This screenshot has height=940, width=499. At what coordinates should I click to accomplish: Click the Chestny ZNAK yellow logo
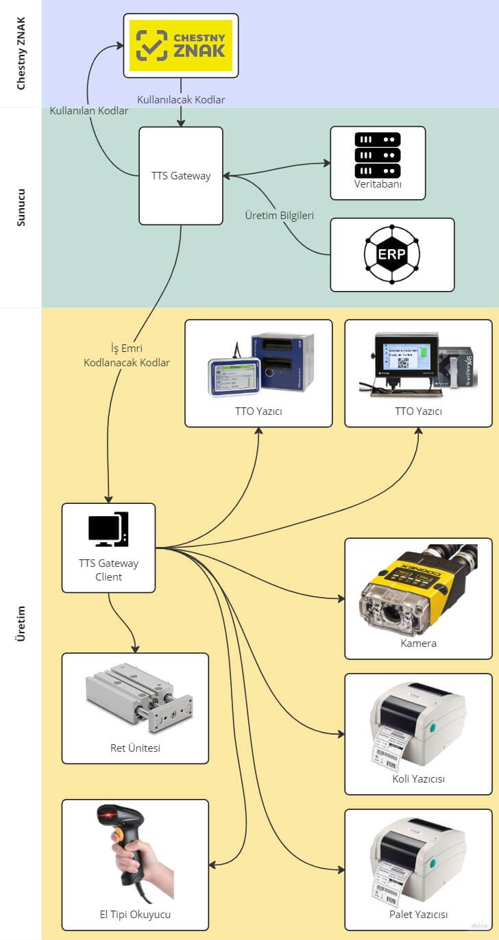(x=181, y=45)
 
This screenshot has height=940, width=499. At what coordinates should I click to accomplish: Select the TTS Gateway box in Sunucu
(x=181, y=176)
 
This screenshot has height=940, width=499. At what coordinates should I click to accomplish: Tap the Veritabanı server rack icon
(x=378, y=155)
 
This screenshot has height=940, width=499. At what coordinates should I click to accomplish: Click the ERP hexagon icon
(x=392, y=255)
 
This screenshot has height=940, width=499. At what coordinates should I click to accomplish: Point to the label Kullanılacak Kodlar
(x=181, y=100)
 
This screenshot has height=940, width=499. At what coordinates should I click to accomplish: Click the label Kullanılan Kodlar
(x=89, y=111)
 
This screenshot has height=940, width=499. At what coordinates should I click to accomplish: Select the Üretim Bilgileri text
(x=280, y=216)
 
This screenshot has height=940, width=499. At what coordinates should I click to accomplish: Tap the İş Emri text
(x=126, y=348)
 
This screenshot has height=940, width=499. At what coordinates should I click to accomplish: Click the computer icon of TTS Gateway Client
(x=108, y=529)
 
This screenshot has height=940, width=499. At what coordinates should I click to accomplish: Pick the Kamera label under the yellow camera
(x=418, y=644)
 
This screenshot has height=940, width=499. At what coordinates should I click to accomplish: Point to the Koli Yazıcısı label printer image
(x=418, y=726)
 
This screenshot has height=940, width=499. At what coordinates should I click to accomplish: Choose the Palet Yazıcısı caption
(x=418, y=915)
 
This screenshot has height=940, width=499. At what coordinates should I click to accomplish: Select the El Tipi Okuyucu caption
(x=135, y=915)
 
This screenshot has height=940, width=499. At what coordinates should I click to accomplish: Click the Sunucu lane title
(x=21, y=207)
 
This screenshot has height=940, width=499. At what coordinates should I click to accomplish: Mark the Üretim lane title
(x=21, y=624)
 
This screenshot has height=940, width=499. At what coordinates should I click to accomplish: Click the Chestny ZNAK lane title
(x=21, y=54)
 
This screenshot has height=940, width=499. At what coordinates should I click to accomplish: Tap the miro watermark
(x=478, y=926)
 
